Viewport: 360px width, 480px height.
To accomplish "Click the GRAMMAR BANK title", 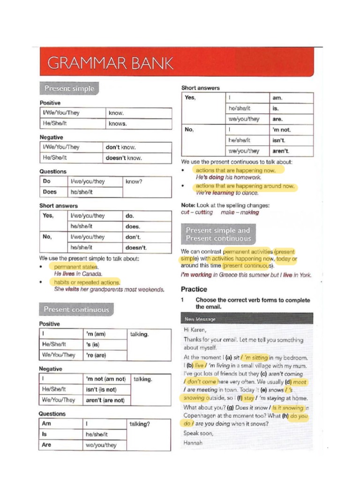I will click(x=110, y=63).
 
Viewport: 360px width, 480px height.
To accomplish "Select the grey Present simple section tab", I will click(x=69, y=88).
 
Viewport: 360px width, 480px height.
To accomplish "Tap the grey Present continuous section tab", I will click(x=76, y=309).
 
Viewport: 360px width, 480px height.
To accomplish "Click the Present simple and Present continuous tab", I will click(x=218, y=234).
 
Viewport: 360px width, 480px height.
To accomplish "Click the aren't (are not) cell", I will click(x=105, y=400).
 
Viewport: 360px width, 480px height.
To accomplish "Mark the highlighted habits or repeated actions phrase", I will click(x=87, y=283).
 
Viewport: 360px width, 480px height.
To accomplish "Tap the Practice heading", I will click(x=194, y=289).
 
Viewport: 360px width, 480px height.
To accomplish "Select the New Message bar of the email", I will click(x=247, y=319).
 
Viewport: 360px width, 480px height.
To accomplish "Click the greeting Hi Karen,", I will click(x=196, y=330).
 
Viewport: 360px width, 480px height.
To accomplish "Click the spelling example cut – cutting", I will click(x=197, y=212).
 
